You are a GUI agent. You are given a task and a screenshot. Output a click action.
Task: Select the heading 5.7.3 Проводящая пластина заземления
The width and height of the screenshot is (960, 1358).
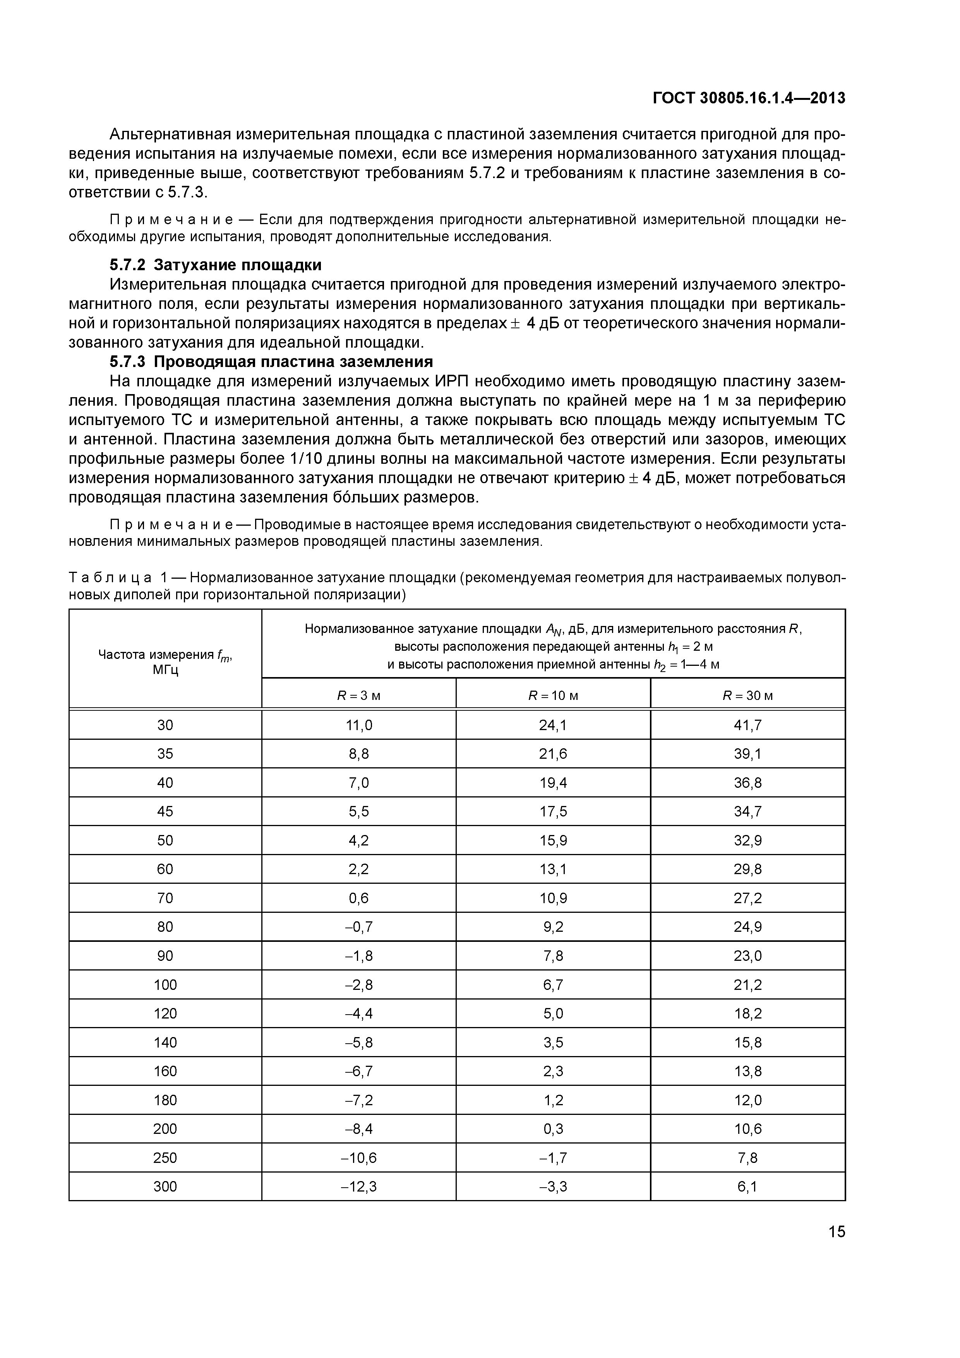coord(271,362)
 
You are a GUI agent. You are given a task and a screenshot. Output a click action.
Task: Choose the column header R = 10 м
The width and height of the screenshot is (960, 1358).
coord(553,696)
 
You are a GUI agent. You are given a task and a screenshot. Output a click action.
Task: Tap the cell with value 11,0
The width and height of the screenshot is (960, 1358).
coord(359,725)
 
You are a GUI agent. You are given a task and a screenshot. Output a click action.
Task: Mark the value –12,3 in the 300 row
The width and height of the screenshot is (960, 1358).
coord(359,1187)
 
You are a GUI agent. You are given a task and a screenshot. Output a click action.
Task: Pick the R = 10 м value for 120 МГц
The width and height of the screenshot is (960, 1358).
coord(553,1014)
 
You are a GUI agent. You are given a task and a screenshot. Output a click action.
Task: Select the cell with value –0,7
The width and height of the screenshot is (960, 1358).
coord(359,927)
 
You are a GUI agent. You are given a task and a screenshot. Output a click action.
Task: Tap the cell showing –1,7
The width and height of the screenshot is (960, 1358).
coord(553,1157)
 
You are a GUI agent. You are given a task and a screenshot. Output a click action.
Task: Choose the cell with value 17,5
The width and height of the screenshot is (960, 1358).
coord(553,811)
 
